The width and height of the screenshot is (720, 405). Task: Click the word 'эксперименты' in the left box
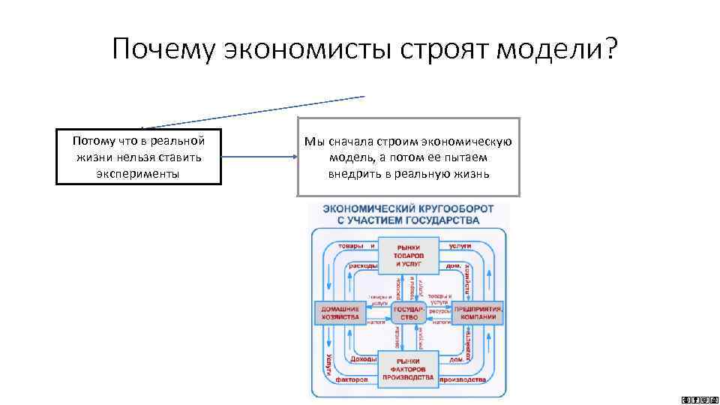(x=139, y=173)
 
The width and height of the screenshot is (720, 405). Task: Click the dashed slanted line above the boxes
(x=255, y=112)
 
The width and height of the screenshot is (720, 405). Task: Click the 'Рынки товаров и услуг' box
(x=408, y=256)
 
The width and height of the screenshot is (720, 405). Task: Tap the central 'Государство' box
(x=408, y=313)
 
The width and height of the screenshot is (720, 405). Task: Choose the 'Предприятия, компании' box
(x=478, y=313)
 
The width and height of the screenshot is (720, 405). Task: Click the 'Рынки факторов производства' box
(x=408, y=367)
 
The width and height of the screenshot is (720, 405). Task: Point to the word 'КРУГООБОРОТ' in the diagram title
(x=445, y=208)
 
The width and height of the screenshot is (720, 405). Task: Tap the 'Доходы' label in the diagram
(x=363, y=360)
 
